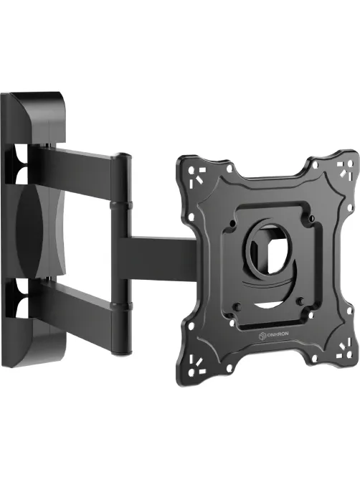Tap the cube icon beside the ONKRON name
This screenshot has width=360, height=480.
262,336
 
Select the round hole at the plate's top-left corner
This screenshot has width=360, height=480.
191,169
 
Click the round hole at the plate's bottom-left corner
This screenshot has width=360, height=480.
191,373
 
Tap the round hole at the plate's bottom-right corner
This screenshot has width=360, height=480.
348,355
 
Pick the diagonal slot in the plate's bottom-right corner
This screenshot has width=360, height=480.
341,347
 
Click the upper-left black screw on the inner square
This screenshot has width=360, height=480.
232,222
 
